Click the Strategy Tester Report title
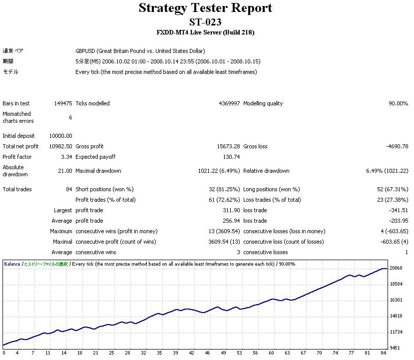pos(205,8)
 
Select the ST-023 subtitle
pos(205,22)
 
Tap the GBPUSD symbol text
pos(85,51)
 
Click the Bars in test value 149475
pos(63,103)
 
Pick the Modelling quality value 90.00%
pos(399,103)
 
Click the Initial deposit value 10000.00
pos(61,136)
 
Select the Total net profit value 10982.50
pos(61,146)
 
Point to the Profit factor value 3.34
pos(67,157)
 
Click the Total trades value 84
pos(68,189)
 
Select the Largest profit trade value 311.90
pos(231,210)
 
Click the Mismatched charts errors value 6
pos(70,117)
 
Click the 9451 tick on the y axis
pos(396,348)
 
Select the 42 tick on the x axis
pos(191,353)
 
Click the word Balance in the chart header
pos(12,264)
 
